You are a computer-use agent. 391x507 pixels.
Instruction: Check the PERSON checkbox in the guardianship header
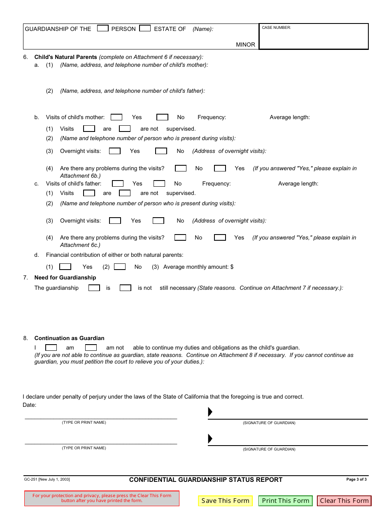(103, 28)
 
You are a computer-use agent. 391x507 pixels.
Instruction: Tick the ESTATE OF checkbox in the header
(145, 28)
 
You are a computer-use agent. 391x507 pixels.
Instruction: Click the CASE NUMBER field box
(314, 37)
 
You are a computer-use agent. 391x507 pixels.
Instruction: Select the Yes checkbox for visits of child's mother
(116, 117)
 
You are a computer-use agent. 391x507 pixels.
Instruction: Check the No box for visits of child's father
(159, 183)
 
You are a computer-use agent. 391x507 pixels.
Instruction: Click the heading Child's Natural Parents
(66, 57)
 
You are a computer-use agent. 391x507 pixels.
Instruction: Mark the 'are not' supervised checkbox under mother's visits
(125, 129)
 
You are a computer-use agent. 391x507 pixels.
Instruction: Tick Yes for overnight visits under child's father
(115, 221)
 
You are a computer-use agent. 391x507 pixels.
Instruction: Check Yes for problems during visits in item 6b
(220, 168)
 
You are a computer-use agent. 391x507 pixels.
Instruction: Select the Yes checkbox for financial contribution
(65, 267)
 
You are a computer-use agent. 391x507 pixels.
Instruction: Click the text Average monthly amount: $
(198, 267)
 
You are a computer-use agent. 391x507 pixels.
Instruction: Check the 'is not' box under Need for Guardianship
(126, 288)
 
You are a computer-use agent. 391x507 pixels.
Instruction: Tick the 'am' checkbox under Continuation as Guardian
(51, 347)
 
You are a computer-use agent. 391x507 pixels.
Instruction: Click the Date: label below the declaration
(30, 405)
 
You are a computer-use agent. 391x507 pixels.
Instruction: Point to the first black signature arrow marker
(210, 412)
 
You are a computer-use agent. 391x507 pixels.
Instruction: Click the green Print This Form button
(286, 501)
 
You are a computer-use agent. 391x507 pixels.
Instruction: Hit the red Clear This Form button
(344, 501)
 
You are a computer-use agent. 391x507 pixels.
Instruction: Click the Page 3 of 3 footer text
(356, 479)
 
